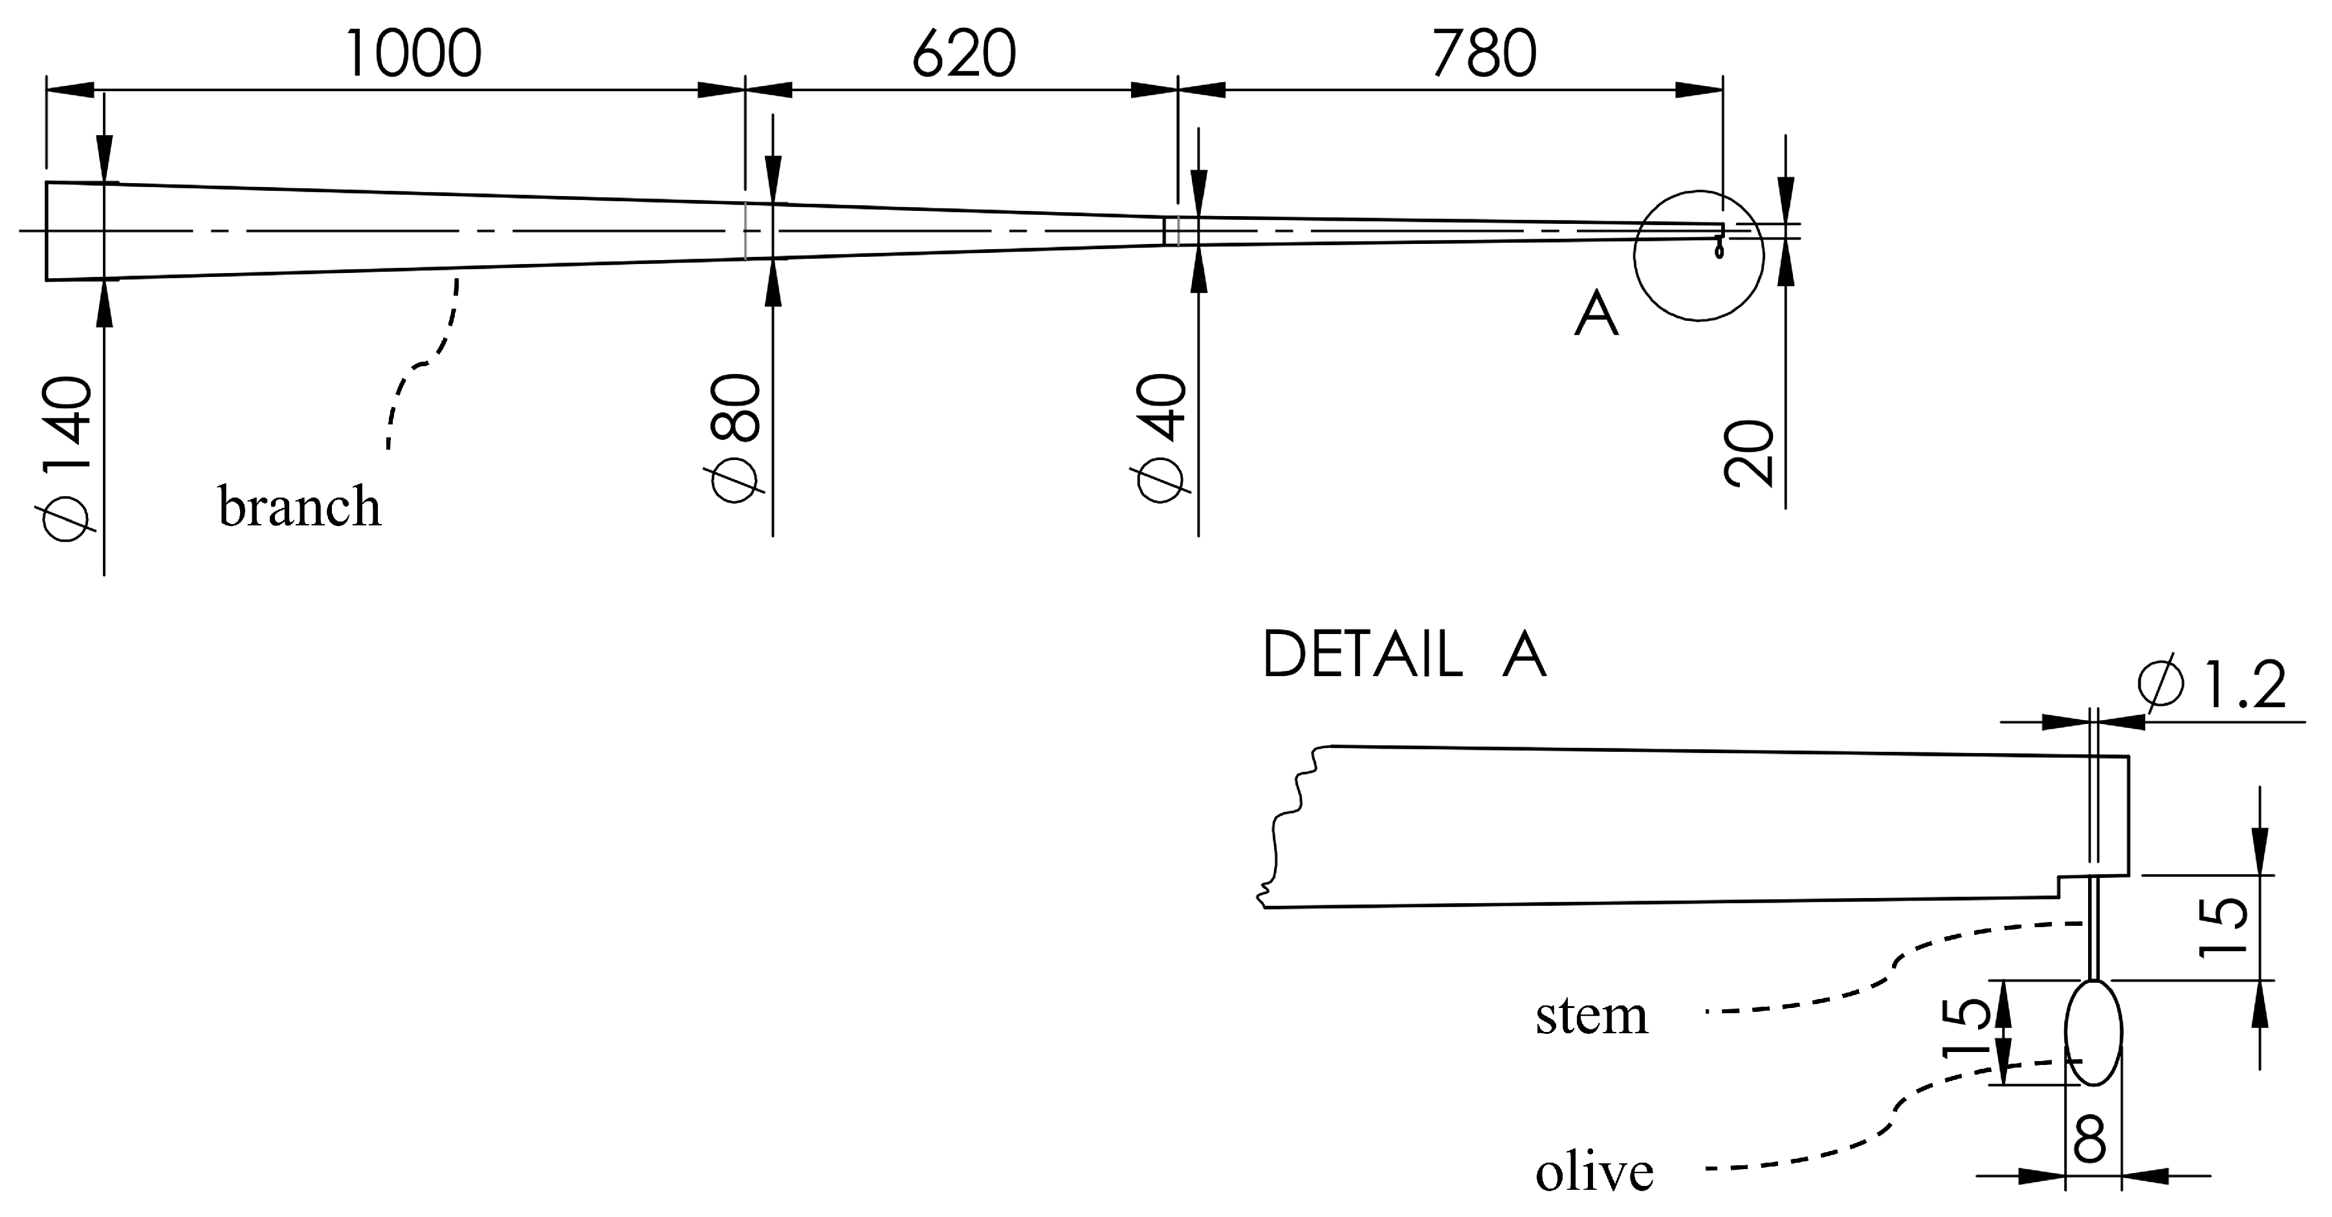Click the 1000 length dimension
click(413, 54)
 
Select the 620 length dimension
click(963, 54)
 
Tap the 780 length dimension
click(1484, 54)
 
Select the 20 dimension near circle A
click(1750, 454)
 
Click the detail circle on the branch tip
click(1699, 299)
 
